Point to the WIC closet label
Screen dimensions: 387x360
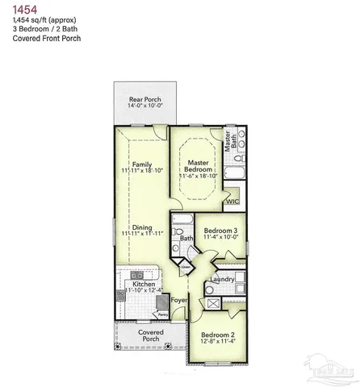coord(232,202)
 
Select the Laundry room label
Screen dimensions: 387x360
coord(221,279)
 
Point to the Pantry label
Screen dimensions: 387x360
coord(162,314)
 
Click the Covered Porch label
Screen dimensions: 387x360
coord(151,335)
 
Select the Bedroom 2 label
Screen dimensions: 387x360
coord(217,334)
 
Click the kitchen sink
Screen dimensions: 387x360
coord(137,274)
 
